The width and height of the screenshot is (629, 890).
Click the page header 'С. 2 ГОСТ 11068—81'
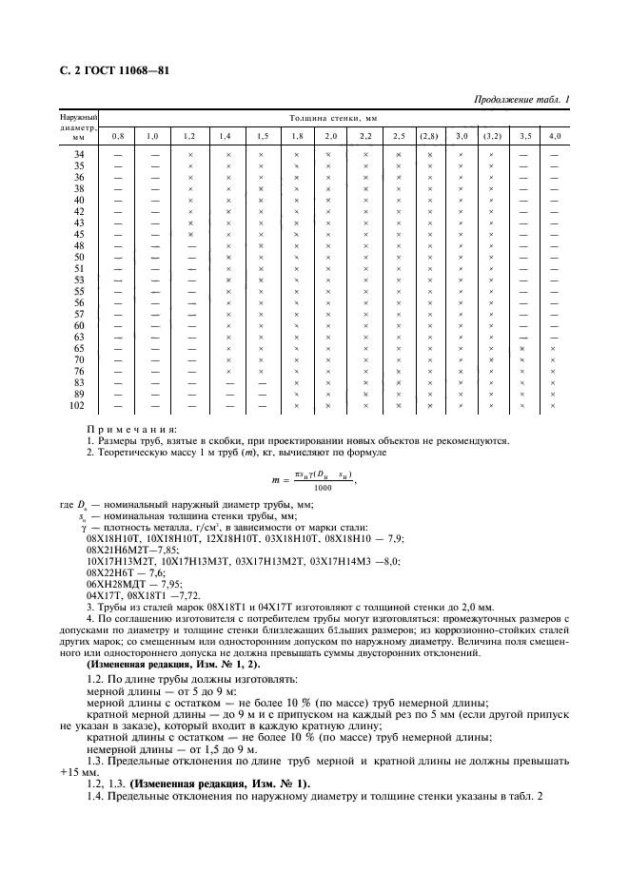(107, 72)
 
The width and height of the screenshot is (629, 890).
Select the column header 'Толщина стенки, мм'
(328, 119)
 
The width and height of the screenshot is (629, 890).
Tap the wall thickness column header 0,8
(119, 137)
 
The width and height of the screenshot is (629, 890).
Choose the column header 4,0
(553, 137)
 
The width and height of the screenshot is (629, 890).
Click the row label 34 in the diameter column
(79, 154)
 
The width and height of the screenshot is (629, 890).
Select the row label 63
(79, 337)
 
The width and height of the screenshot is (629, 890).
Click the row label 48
(79, 245)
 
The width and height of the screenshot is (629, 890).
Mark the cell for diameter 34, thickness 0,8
(119, 154)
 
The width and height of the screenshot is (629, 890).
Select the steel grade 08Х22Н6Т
(110, 561)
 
